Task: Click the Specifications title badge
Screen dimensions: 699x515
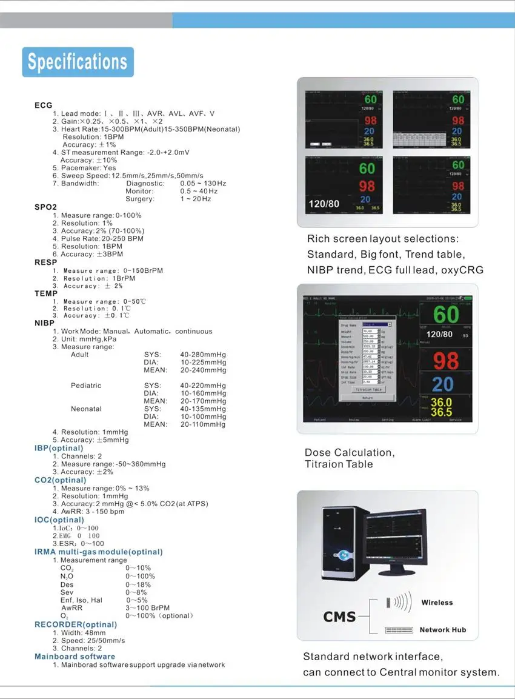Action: [78, 62]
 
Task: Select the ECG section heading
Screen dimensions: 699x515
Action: [44, 105]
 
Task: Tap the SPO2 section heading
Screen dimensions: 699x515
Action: [45, 207]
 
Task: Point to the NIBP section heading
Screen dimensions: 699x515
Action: [44, 323]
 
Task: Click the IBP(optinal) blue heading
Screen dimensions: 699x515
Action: [59, 448]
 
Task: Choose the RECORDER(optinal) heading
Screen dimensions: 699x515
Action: [76, 624]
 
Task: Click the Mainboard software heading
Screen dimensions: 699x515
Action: [75, 657]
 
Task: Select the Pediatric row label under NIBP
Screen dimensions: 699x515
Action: [86, 386]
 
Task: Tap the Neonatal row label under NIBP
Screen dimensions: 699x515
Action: [86, 409]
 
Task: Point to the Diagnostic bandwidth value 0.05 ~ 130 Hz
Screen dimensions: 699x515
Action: [203, 183]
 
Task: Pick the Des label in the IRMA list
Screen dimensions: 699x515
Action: [67, 584]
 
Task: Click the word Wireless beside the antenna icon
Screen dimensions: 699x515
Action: [437, 603]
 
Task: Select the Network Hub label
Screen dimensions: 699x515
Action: [443, 630]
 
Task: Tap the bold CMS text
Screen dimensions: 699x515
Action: [339, 617]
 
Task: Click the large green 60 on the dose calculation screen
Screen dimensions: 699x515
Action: [446, 314]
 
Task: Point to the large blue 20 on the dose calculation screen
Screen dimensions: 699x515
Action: [443, 384]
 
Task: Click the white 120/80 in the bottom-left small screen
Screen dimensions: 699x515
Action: [324, 204]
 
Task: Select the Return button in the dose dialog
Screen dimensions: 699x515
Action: [367, 398]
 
